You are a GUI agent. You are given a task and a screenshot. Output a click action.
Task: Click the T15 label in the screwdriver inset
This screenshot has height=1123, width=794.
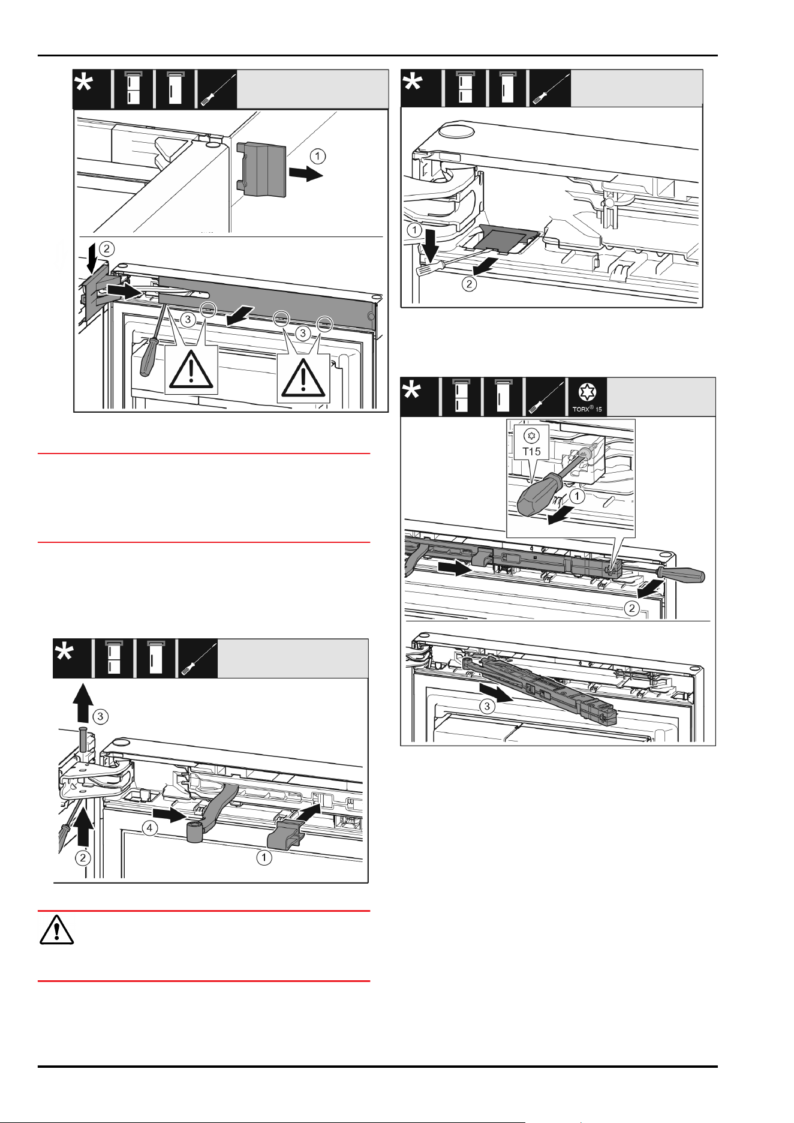(x=531, y=451)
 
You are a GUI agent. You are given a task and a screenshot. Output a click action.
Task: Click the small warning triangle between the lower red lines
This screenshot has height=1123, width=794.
(x=56, y=929)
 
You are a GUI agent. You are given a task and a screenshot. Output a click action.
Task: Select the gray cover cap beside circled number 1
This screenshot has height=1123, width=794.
(x=261, y=168)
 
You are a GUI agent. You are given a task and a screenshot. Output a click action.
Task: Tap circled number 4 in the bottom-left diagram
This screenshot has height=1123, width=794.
(x=149, y=828)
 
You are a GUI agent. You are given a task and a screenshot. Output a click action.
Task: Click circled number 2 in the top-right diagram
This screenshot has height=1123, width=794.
(x=469, y=284)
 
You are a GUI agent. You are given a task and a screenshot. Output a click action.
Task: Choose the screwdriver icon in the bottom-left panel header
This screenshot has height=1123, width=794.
(x=198, y=659)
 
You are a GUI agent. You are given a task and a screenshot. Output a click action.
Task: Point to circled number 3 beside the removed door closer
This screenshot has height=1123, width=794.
(x=487, y=706)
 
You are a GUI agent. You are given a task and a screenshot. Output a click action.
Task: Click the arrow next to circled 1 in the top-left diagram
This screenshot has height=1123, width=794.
(x=306, y=174)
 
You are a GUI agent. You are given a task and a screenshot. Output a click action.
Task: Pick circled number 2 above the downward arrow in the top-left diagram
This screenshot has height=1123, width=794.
(x=106, y=248)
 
